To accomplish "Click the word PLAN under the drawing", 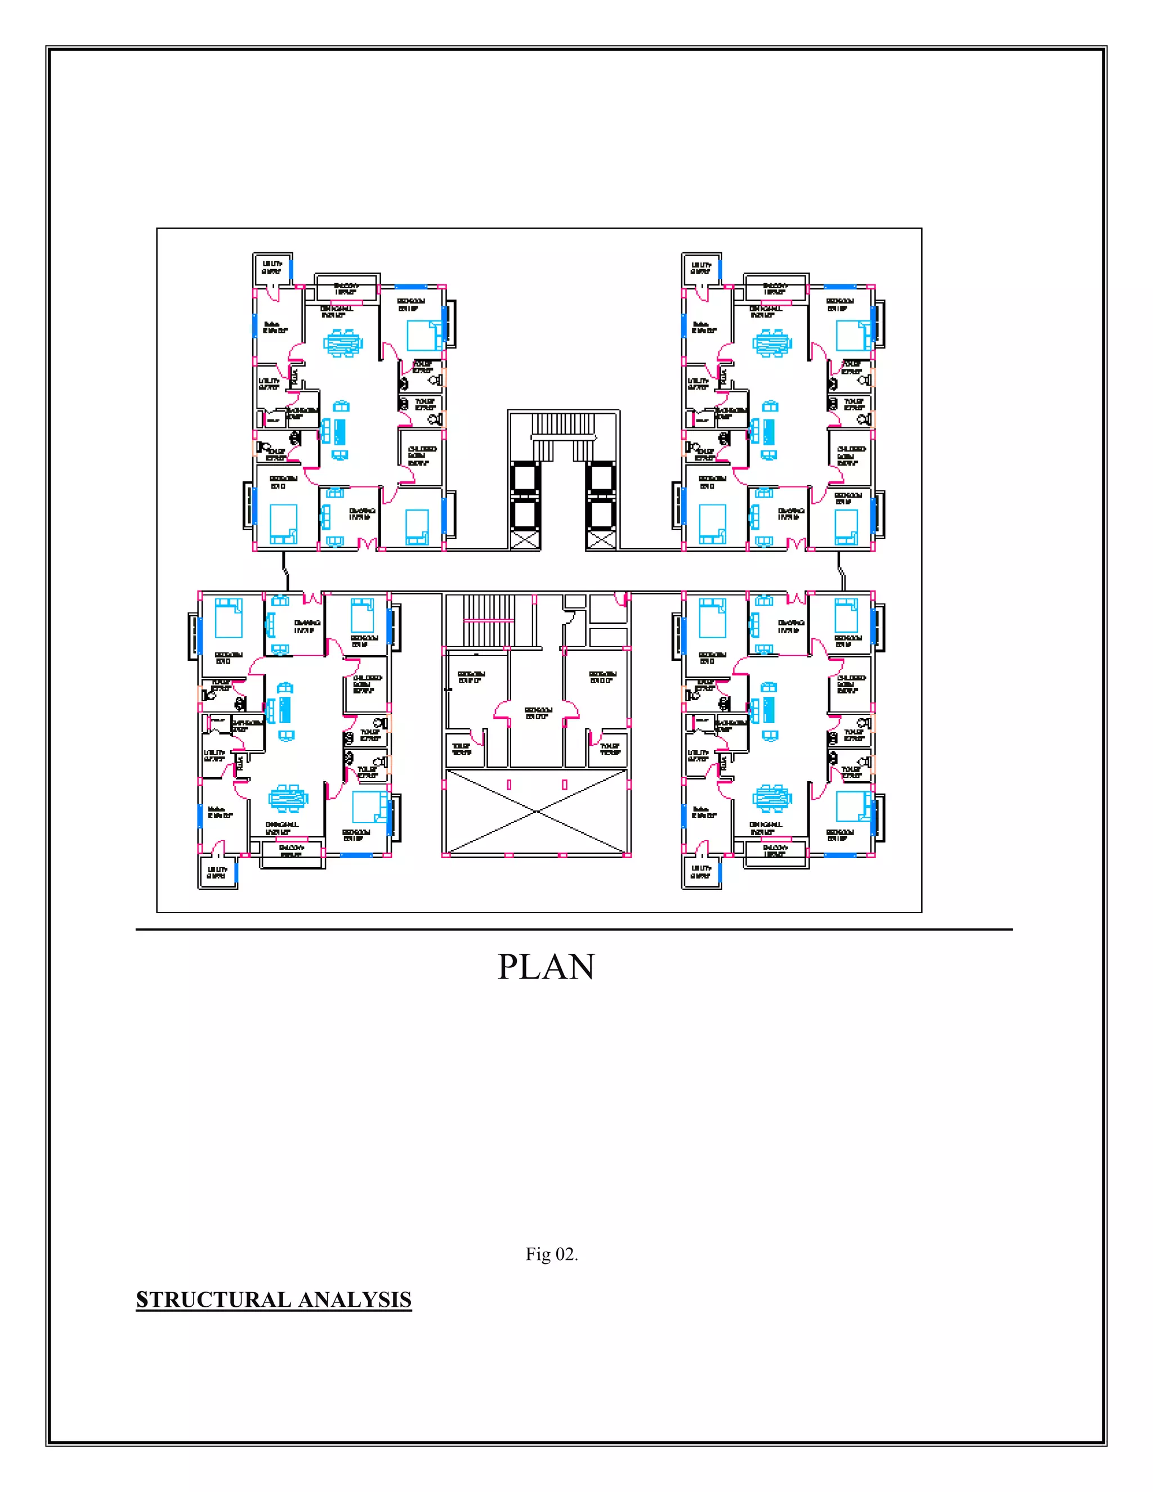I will coord(546,967).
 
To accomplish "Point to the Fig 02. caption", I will coord(551,1254).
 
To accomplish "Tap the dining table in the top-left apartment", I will coord(343,342).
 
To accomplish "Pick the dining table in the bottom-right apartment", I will coord(772,797).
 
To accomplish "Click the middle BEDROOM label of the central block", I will coord(538,713).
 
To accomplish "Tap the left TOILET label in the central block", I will coord(462,749).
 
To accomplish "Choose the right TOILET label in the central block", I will coord(610,749).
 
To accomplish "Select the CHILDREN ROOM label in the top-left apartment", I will coord(422,455).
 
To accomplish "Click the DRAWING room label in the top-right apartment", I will coord(791,513).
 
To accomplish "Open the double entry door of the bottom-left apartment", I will coord(313,598).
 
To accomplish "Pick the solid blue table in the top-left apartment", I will coord(340,430).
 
